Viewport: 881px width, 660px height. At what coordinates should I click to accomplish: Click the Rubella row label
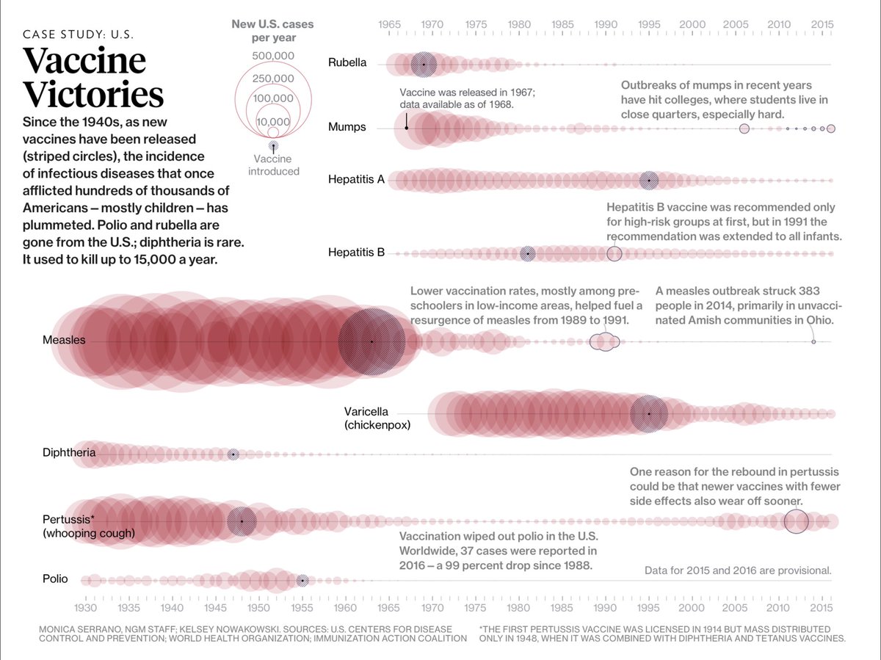tap(347, 63)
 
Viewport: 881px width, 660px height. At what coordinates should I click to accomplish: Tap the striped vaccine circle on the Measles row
tap(372, 341)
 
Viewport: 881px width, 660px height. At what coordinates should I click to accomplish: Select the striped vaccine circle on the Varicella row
tap(649, 413)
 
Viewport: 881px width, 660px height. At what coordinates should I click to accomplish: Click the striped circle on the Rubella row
tap(423, 65)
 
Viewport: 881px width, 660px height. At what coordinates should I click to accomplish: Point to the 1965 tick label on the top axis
tap(389, 24)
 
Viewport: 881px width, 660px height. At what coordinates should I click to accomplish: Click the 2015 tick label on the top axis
tap(822, 24)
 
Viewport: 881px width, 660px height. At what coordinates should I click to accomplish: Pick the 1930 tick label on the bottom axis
tap(86, 608)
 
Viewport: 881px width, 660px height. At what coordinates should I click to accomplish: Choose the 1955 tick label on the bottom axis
tap(302, 608)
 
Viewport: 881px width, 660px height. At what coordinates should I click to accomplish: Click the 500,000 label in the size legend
tap(272, 56)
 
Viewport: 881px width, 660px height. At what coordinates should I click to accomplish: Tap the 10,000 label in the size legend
tap(272, 122)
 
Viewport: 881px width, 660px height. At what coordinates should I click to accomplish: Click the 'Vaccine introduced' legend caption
tap(273, 165)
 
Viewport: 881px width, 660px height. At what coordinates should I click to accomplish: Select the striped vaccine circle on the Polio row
tap(302, 580)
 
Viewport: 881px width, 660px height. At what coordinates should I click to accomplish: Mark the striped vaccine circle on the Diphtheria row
tap(233, 454)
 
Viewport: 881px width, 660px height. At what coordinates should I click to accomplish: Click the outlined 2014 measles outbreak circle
tap(813, 342)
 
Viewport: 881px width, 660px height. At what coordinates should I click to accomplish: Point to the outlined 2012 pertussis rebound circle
tap(796, 521)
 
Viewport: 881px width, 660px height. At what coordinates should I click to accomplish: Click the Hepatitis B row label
tap(356, 253)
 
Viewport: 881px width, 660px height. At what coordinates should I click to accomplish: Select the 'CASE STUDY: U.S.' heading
tap(78, 35)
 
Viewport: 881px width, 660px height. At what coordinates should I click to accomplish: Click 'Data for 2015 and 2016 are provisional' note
tap(738, 570)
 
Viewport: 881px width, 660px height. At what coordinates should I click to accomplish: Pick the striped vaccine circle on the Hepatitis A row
tap(649, 180)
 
